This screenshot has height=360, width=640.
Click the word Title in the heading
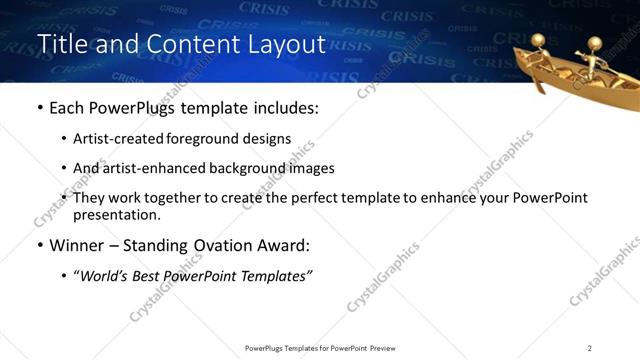click(60, 45)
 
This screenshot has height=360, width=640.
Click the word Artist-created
click(111, 139)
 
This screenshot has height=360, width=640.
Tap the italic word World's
click(105, 274)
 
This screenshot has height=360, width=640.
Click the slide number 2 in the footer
click(590, 347)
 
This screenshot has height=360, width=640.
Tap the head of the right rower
click(595, 43)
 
